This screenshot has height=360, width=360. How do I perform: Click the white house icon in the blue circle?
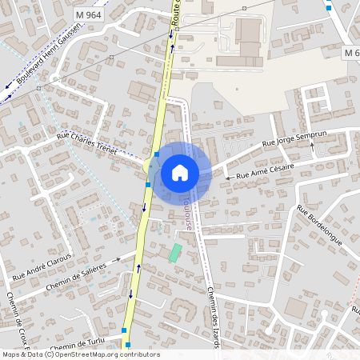(x=180, y=172)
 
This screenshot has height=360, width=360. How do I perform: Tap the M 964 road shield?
(x=89, y=14)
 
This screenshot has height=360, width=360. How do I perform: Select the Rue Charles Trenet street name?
(x=86, y=144)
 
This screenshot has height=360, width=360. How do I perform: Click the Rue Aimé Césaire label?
(x=265, y=169)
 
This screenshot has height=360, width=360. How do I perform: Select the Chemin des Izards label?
(x=213, y=316)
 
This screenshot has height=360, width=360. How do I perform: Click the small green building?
(x=175, y=252)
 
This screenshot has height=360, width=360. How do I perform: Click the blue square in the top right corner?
(x=330, y=7)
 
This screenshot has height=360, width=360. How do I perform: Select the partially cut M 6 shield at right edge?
(x=351, y=52)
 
